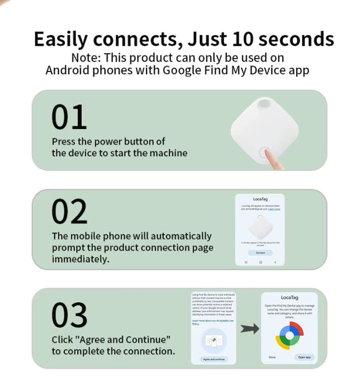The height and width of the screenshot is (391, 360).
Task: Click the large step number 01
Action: coord(69,117)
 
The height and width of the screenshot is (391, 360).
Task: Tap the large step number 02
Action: coord(69,212)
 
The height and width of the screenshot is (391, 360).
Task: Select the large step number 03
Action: coord(69,315)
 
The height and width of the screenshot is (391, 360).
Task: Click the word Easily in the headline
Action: coord(61,40)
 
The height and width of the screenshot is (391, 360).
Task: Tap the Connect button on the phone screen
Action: coord(260,252)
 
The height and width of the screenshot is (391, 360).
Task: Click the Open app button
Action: coord(305,356)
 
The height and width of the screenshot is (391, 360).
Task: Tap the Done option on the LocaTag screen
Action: coord(272,356)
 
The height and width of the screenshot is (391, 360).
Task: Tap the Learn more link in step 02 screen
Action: coord(274,209)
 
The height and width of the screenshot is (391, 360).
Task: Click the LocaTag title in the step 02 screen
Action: coord(260,199)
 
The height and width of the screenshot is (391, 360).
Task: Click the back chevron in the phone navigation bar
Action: coord(275,262)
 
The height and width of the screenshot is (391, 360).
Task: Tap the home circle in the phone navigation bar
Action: coord(260,262)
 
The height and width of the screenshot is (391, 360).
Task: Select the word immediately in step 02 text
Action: coord(80,259)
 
